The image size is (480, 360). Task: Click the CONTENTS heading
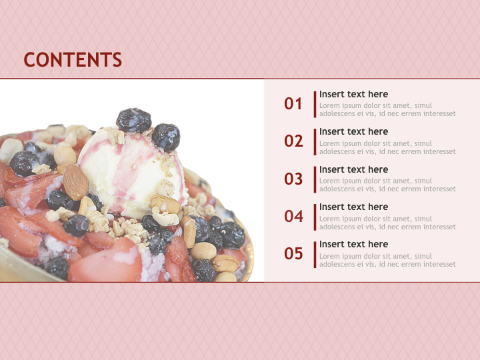point(73,60)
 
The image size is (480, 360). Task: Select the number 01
point(293,104)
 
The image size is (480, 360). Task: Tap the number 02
point(293,141)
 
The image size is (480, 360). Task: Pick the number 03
point(293,179)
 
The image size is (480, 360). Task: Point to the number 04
point(293,217)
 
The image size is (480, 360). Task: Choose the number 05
point(293,254)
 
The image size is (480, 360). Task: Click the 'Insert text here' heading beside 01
point(353,95)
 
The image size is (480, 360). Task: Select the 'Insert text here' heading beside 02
point(353,132)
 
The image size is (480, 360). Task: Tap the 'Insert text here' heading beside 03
point(353,170)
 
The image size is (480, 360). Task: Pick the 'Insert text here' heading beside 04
point(353,207)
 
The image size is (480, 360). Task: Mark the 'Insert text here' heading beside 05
point(353,245)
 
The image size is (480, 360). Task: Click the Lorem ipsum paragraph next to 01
point(387,110)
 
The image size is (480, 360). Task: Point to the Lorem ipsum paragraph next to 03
point(387,185)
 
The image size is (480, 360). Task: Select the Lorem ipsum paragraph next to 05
point(387,261)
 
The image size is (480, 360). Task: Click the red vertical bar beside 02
point(315,141)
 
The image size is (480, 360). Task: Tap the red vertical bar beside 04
point(315,217)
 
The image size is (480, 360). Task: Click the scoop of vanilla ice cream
point(127,167)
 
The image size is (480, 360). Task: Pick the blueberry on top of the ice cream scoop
point(134,120)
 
